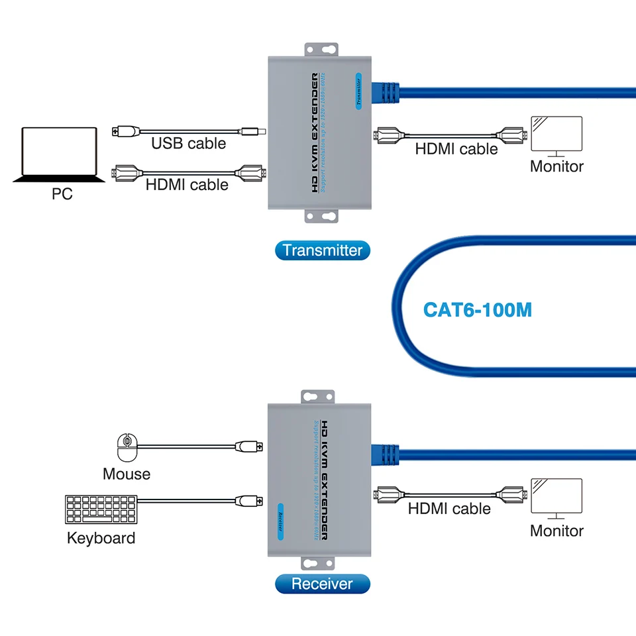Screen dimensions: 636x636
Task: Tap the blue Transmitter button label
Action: click(322, 250)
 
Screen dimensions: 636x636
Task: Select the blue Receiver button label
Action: click(322, 584)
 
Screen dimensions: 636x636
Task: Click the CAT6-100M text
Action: click(477, 309)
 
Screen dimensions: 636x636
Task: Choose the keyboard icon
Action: click(101, 510)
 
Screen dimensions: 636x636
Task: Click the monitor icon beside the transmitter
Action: click(556, 137)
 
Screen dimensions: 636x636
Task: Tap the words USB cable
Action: click(189, 143)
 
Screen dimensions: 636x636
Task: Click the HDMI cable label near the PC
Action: click(187, 185)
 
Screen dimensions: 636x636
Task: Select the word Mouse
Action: click(127, 474)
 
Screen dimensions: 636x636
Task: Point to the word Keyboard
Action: click(101, 537)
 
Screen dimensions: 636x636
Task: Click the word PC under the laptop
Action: click(62, 194)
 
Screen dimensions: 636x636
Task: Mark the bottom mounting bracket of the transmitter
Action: click(321, 217)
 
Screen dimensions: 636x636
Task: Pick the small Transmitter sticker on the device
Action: click(358, 91)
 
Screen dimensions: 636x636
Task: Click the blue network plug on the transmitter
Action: click(388, 93)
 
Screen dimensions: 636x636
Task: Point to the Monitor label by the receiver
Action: click(556, 531)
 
